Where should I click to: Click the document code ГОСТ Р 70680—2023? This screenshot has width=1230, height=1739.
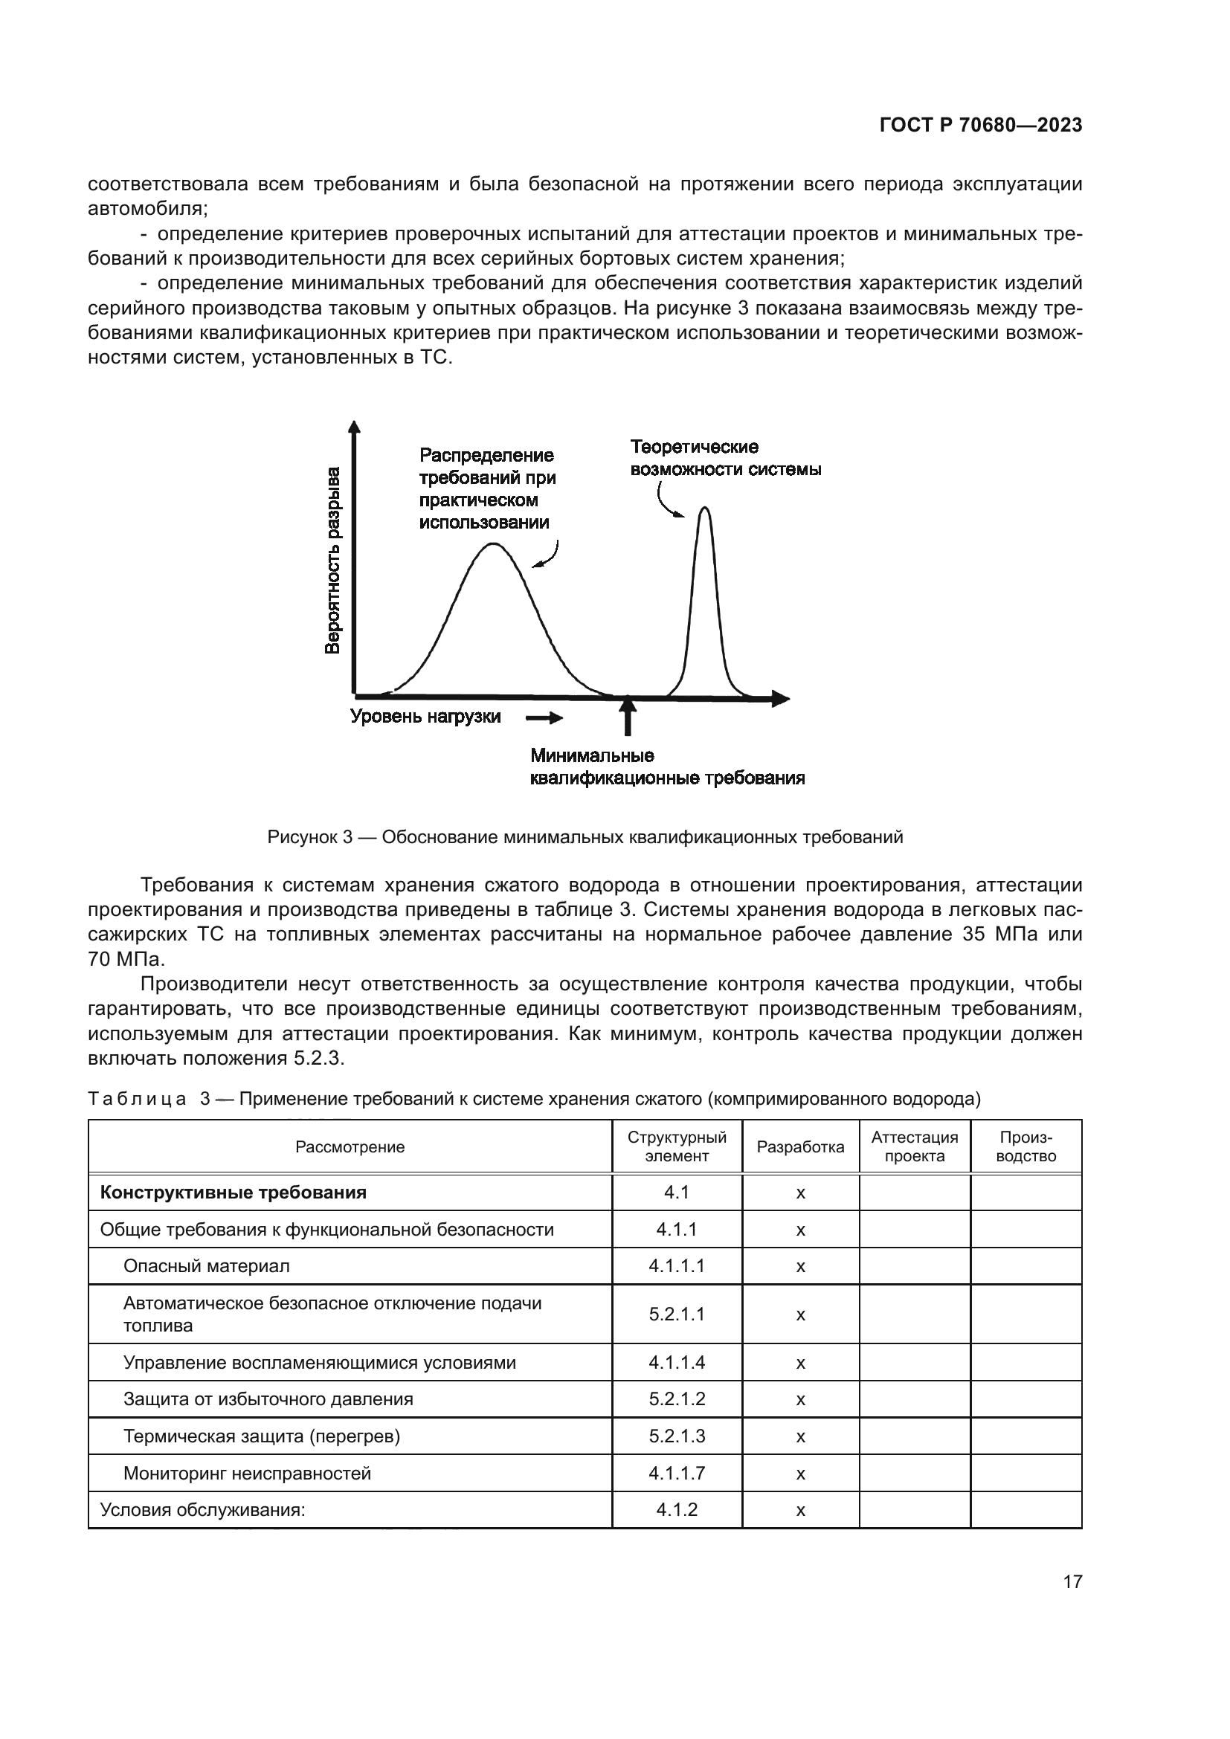(x=980, y=126)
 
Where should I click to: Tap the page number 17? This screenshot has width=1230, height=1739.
(x=1072, y=1582)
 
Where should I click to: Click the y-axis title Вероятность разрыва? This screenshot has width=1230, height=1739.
(x=332, y=561)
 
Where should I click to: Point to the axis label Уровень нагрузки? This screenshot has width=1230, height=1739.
(x=425, y=717)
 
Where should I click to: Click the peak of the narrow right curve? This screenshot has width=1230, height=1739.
(x=704, y=509)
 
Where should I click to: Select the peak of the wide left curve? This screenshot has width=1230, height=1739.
(x=493, y=544)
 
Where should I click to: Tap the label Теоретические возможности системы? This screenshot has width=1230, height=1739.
(x=725, y=458)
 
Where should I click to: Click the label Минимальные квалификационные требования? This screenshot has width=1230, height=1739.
(x=666, y=767)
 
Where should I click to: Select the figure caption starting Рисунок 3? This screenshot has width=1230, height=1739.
(x=585, y=837)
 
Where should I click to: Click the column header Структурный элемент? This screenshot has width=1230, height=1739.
(x=676, y=1146)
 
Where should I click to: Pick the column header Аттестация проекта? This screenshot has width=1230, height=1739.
(x=914, y=1146)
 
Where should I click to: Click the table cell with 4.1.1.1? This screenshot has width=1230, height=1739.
(x=676, y=1266)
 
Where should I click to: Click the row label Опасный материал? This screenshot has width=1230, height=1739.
(x=206, y=1266)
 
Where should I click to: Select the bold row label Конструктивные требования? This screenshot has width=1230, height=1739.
(x=234, y=1193)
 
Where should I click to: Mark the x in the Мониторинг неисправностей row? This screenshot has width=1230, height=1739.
(x=800, y=1474)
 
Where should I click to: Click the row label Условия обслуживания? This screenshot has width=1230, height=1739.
(x=202, y=1510)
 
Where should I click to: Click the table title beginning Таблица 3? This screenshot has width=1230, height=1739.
(x=534, y=1099)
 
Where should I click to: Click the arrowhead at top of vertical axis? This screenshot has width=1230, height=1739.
(x=354, y=427)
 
